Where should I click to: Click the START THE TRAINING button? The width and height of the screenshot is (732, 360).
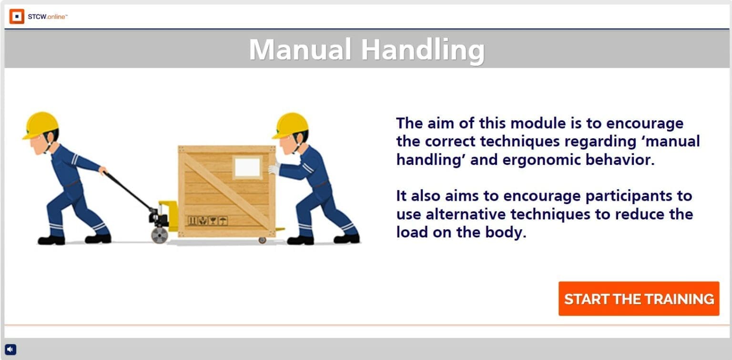[639, 299]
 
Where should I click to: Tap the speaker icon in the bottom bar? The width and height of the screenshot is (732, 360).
[10, 350]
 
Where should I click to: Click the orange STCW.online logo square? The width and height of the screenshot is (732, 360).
[17, 17]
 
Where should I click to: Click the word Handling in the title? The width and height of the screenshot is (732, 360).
[422, 50]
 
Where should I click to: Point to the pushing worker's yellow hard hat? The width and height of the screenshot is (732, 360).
[290, 124]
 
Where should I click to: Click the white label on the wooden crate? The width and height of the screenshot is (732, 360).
[247, 167]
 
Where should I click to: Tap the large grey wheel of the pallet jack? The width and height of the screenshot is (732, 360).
[159, 235]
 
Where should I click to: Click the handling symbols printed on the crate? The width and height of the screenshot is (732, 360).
[207, 221]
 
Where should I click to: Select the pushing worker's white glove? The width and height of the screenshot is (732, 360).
[274, 168]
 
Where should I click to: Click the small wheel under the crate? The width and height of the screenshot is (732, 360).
[262, 240]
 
